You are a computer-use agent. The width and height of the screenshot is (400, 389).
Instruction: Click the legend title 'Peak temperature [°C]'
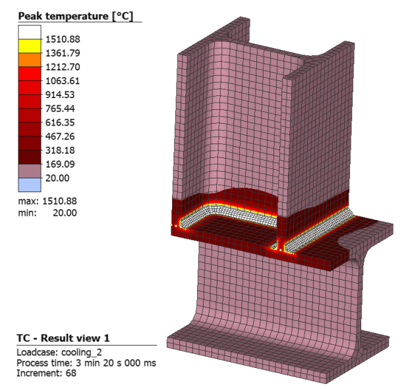pyautogui.click(x=76, y=16)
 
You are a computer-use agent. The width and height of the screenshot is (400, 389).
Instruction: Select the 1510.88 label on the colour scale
pyautogui.click(x=63, y=39)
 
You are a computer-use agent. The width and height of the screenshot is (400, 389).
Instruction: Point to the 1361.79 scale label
pyautogui.click(x=63, y=53)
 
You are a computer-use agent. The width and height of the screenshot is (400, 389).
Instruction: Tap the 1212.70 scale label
pyautogui.click(x=63, y=67)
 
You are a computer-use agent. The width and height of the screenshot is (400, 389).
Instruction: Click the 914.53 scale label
pyautogui.click(x=60, y=95)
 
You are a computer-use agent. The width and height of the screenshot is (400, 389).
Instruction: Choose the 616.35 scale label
pyautogui.click(x=60, y=122)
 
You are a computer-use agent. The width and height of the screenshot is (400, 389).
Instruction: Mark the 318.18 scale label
pyautogui.click(x=60, y=150)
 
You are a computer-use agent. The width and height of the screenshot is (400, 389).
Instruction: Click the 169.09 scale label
pyautogui.click(x=60, y=164)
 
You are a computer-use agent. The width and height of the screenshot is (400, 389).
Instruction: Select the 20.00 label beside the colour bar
pyautogui.click(x=57, y=178)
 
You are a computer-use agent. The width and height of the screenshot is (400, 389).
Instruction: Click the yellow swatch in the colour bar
pyautogui.click(x=30, y=46)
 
